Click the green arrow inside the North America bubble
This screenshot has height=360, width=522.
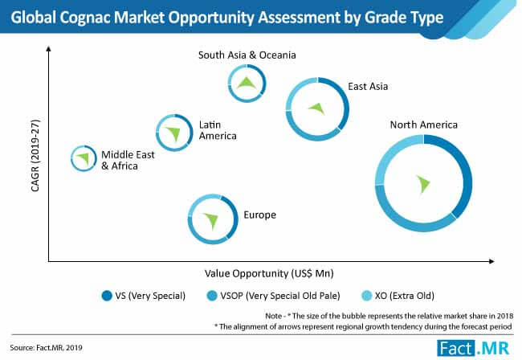click(x=423, y=184)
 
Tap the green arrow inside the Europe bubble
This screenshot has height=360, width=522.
click(x=211, y=220)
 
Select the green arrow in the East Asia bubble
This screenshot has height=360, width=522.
click(x=317, y=108)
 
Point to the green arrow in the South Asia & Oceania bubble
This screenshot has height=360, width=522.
click(x=247, y=83)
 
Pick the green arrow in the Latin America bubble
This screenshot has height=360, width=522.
click(x=173, y=133)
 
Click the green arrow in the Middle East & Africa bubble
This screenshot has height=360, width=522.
click(x=84, y=157)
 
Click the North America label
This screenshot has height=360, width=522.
click(x=423, y=125)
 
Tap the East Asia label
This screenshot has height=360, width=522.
click(x=368, y=86)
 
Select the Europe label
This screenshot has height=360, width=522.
click(x=259, y=215)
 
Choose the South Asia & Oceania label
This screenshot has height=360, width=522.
click(x=247, y=55)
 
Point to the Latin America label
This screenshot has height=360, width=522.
click(x=218, y=130)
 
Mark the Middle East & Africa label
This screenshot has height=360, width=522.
click(x=128, y=160)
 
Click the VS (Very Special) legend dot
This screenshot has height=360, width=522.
click(x=107, y=296)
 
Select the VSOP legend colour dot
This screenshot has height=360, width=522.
click(x=212, y=296)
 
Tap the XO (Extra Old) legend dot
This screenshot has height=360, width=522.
click(x=366, y=296)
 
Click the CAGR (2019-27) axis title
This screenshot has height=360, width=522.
click(x=35, y=156)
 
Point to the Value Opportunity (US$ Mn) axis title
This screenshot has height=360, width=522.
click(x=269, y=273)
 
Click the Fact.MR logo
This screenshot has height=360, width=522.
click(x=473, y=348)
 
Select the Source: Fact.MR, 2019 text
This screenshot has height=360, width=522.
click(x=46, y=348)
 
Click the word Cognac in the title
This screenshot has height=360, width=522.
click(x=85, y=18)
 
